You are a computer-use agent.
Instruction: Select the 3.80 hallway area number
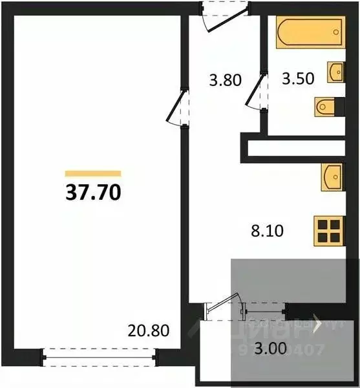(x=225, y=81)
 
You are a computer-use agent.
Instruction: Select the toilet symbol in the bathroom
(x=325, y=107)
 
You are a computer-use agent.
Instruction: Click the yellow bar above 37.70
(x=93, y=173)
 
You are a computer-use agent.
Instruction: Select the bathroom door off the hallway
(x=259, y=92)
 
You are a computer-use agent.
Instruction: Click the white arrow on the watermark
(x=317, y=323)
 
